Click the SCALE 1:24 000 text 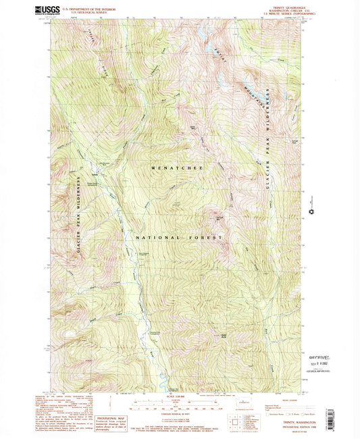point(179,395)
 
